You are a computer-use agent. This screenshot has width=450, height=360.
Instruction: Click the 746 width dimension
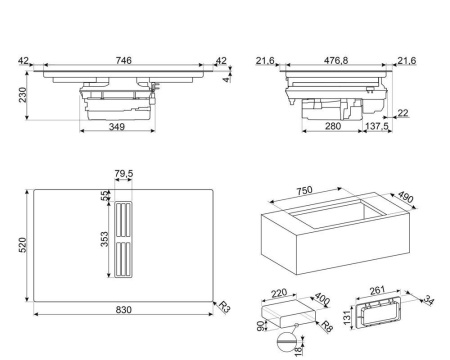(122, 61)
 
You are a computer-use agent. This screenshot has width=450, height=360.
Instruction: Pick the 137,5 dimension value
(378, 127)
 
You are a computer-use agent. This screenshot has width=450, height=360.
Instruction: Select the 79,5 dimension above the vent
(123, 175)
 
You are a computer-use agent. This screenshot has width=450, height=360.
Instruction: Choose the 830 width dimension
(122, 311)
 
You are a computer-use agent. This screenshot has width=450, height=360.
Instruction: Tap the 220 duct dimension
(277, 294)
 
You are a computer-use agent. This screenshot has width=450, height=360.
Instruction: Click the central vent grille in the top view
(123, 241)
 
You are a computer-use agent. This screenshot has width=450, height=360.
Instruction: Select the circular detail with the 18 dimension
(288, 343)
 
